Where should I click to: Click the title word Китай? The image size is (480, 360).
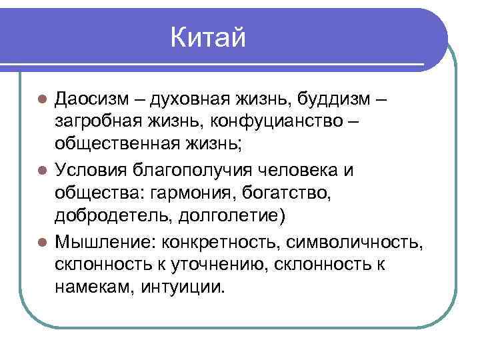pyautogui.click(x=208, y=38)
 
